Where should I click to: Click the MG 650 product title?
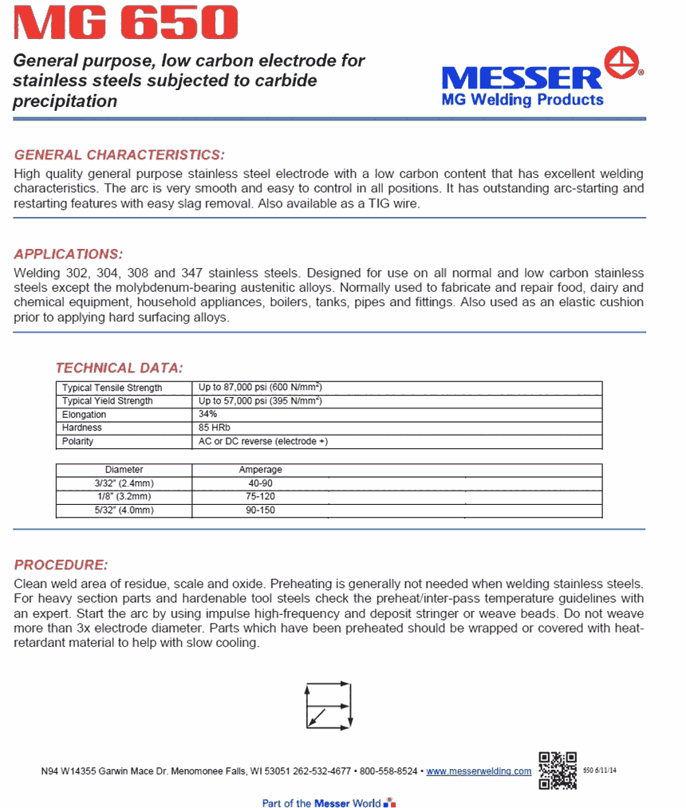tap(125, 23)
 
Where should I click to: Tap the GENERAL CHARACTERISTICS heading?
tap(120, 155)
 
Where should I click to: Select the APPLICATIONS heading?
tap(69, 254)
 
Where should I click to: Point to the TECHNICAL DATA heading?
tap(119, 368)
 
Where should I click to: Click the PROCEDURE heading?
tap(61, 565)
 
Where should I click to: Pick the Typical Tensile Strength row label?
tap(112, 388)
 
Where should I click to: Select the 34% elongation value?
tap(208, 415)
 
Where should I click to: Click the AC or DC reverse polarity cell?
tap(263, 441)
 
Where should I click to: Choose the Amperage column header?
tap(261, 470)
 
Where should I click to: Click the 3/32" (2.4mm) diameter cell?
tap(124, 483)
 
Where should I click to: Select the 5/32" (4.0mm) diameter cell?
tap(124, 510)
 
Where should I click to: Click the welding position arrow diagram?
tap(329, 704)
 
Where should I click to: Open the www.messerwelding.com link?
tap(479, 771)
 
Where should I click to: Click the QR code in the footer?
tap(558, 770)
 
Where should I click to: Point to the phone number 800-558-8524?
tap(388, 771)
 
